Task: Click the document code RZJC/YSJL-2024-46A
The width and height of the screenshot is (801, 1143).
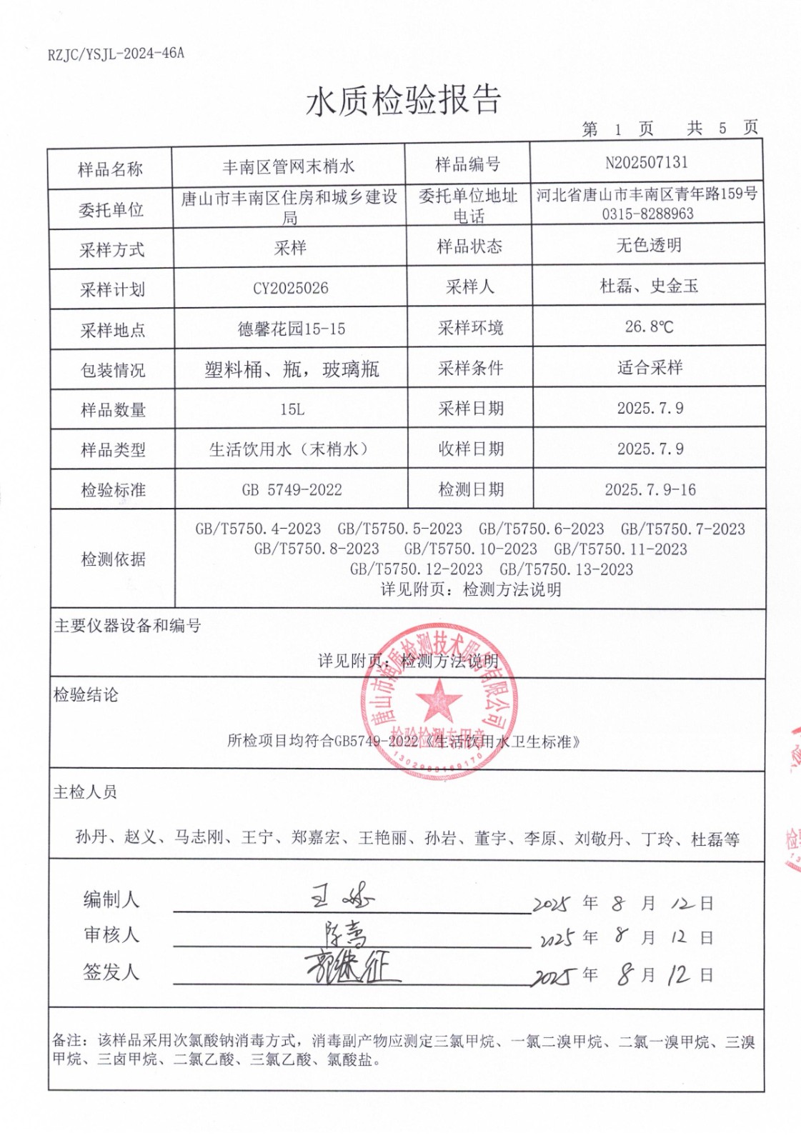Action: click(116, 54)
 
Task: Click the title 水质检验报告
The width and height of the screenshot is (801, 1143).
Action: click(404, 101)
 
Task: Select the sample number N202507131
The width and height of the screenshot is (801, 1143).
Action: click(646, 163)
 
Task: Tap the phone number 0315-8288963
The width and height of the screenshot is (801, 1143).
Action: click(647, 214)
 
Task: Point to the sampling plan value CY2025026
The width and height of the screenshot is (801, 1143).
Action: click(291, 289)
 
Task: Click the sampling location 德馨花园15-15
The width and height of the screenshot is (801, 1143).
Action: click(292, 329)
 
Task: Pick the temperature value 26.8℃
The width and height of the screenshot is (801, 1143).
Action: click(649, 326)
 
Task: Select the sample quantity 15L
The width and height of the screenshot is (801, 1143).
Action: click(292, 409)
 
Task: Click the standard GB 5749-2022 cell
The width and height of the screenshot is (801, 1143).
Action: click(292, 490)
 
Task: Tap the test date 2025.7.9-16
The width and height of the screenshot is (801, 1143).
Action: click(650, 489)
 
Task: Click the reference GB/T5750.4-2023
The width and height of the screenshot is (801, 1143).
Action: click(258, 529)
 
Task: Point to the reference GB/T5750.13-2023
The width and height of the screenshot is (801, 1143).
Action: click(566, 569)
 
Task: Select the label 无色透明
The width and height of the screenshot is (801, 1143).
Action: click(649, 245)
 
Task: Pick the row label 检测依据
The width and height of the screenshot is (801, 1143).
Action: click(113, 559)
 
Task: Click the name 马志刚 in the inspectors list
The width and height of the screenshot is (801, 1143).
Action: click(199, 837)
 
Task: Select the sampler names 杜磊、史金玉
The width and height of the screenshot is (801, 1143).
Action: click(649, 286)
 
